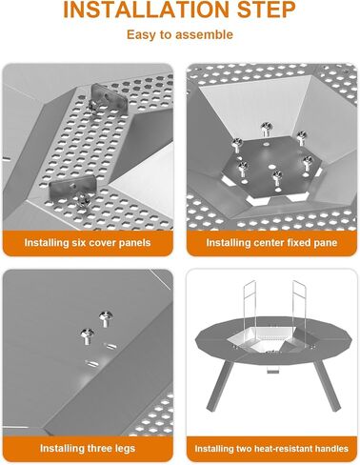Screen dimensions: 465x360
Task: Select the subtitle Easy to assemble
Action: click(x=179, y=35)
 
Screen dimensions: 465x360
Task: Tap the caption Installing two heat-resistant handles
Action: click(x=270, y=448)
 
